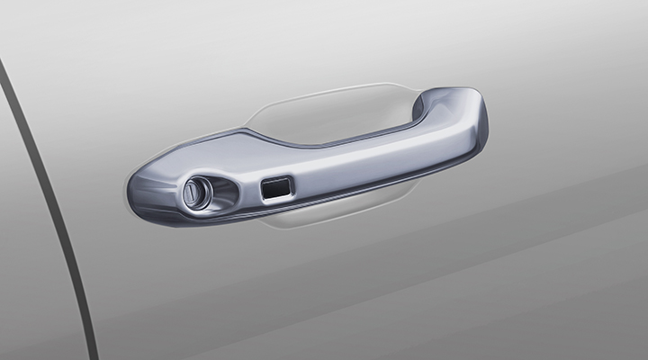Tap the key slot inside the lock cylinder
[x=193, y=193]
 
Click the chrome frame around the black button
[x=275, y=180]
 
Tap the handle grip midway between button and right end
[x=378, y=155]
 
